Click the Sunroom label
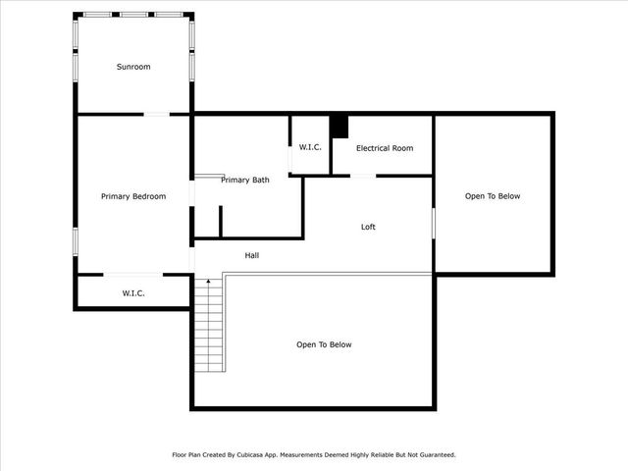click(x=133, y=67)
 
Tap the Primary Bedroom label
click(x=133, y=196)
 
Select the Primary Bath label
click(x=245, y=180)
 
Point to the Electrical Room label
click(x=385, y=148)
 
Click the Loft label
click(x=368, y=227)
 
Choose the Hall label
click(x=252, y=255)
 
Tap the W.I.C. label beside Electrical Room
click(x=310, y=147)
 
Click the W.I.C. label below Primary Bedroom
click(x=133, y=292)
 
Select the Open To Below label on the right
click(x=493, y=196)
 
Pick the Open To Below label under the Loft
click(x=324, y=344)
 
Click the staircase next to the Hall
click(x=209, y=324)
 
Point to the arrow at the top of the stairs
click(x=207, y=284)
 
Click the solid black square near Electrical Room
click(x=339, y=127)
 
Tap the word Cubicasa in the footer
click(x=261, y=455)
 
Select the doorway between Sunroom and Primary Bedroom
click(x=157, y=115)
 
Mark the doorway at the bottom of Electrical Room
click(x=363, y=176)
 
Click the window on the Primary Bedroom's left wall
click(x=76, y=240)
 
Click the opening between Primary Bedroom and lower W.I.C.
click(x=133, y=274)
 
